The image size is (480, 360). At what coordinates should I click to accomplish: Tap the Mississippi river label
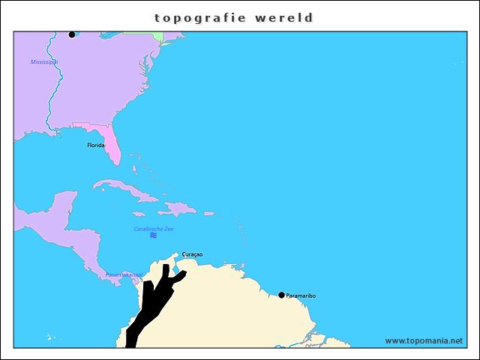(x=44, y=62)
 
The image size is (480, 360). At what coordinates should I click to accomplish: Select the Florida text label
(x=96, y=145)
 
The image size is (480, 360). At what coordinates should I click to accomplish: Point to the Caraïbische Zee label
(x=153, y=228)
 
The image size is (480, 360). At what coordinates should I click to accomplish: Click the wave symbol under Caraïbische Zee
(x=153, y=235)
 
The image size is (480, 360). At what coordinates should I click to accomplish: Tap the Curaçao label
(x=192, y=254)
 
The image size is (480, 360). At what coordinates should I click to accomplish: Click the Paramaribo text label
(x=301, y=295)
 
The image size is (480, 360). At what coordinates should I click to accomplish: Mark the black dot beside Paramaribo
(x=281, y=295)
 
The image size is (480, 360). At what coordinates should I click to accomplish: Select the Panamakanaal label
(x=123, y=274)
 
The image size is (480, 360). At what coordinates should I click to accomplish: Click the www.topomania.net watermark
(x=424, y=340)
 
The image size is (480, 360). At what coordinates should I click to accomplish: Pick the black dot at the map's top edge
(x=72, y=34)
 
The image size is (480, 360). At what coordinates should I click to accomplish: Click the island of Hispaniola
(x=178, y=207)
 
